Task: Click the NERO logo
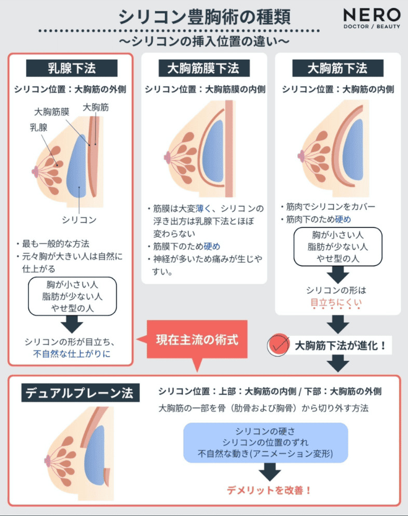click(372, 19)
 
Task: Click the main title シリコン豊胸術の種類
click(205, 17)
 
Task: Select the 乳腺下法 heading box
click(72, 68)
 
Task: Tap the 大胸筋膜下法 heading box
click(204, 68)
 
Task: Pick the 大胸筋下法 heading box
click(338, 68)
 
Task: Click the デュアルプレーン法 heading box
click(80, 392)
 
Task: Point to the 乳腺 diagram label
click(38, 127)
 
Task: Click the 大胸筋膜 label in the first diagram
click(52, 112)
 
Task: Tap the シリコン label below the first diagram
click(79, 220)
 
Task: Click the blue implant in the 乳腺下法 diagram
click(76, 166)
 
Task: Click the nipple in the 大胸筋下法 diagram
click(301, 156)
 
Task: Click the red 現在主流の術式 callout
click(197, 340)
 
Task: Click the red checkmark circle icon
click(278, 345)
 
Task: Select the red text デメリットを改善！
click(269, 491)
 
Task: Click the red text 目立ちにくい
click(336, 303)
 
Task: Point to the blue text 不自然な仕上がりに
click(72, 354)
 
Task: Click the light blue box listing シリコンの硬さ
click(266, 443)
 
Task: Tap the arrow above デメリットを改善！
click(270, 472)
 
